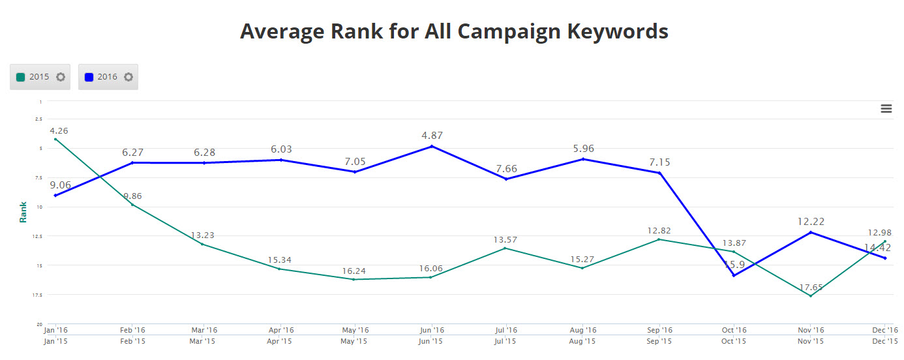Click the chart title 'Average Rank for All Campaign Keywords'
pyautogui.click(x=454, y=31)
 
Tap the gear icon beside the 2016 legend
pyautogui.click(x=128, y=77)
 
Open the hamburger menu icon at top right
pyautogui.click(x=886, y=109)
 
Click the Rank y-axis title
pyautogui.click(x=23, y=212)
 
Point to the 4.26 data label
pyautogui.click(x=59, y=130)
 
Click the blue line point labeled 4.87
pyautogui.click(x=431, y=146)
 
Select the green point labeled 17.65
pyautogui.click(x=810, y=296)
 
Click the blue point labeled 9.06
pyautogui.click(x=55, y=196)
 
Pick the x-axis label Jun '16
pyautogui.click(x=431, y=331)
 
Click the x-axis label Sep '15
pyautogui.click(x=659, y=341)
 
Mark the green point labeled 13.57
pyautogui.click(x=505, y=248)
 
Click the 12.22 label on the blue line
pyautogui.click(x=811, y=222)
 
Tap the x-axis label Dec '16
pyautogui.click(x=885, y=331)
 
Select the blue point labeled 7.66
pyautogui.click(x=506, y=179)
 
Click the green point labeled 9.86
pyautogui.click(x=132, y=205)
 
